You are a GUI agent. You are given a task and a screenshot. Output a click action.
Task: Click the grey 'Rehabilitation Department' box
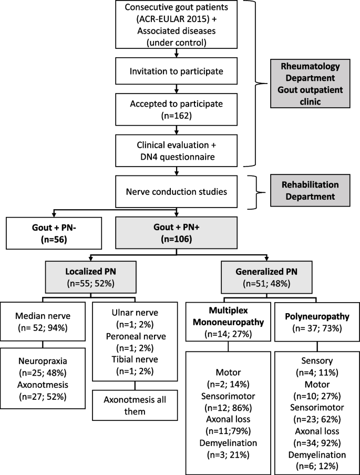(314, 191)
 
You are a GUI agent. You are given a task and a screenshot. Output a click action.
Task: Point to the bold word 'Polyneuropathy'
(310, 318)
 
